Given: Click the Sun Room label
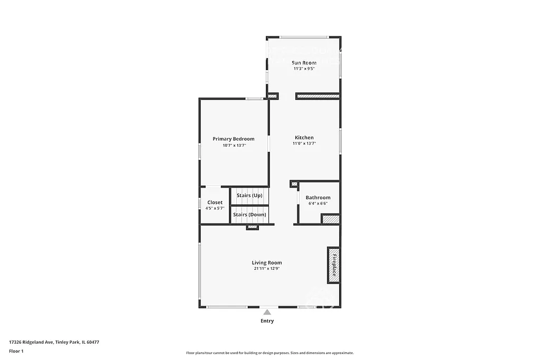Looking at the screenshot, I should [304, 63].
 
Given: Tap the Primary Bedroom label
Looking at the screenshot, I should [233, 139].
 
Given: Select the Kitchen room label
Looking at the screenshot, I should [304, 138].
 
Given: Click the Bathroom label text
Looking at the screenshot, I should [318, 198].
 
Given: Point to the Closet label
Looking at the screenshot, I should [215, 202].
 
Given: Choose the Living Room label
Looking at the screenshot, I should [266, 262].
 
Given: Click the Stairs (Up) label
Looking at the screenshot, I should [249, 196].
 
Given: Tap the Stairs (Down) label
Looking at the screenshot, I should [249, 215].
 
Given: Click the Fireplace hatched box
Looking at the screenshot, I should [333, 264].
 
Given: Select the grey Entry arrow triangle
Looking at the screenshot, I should [267, 313].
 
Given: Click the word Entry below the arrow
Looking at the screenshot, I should [267, 321].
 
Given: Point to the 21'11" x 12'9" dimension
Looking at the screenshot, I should [266, 269].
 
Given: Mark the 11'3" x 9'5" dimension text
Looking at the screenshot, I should [304, 69].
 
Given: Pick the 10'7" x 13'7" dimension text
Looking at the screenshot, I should [233, 145].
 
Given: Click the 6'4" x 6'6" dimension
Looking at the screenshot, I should [318, 203].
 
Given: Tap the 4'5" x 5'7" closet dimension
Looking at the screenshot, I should [215, 209].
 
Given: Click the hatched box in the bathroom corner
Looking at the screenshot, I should [331, 219].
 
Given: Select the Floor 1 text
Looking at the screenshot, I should [16, 351].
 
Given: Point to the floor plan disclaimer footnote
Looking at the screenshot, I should [269, 353].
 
